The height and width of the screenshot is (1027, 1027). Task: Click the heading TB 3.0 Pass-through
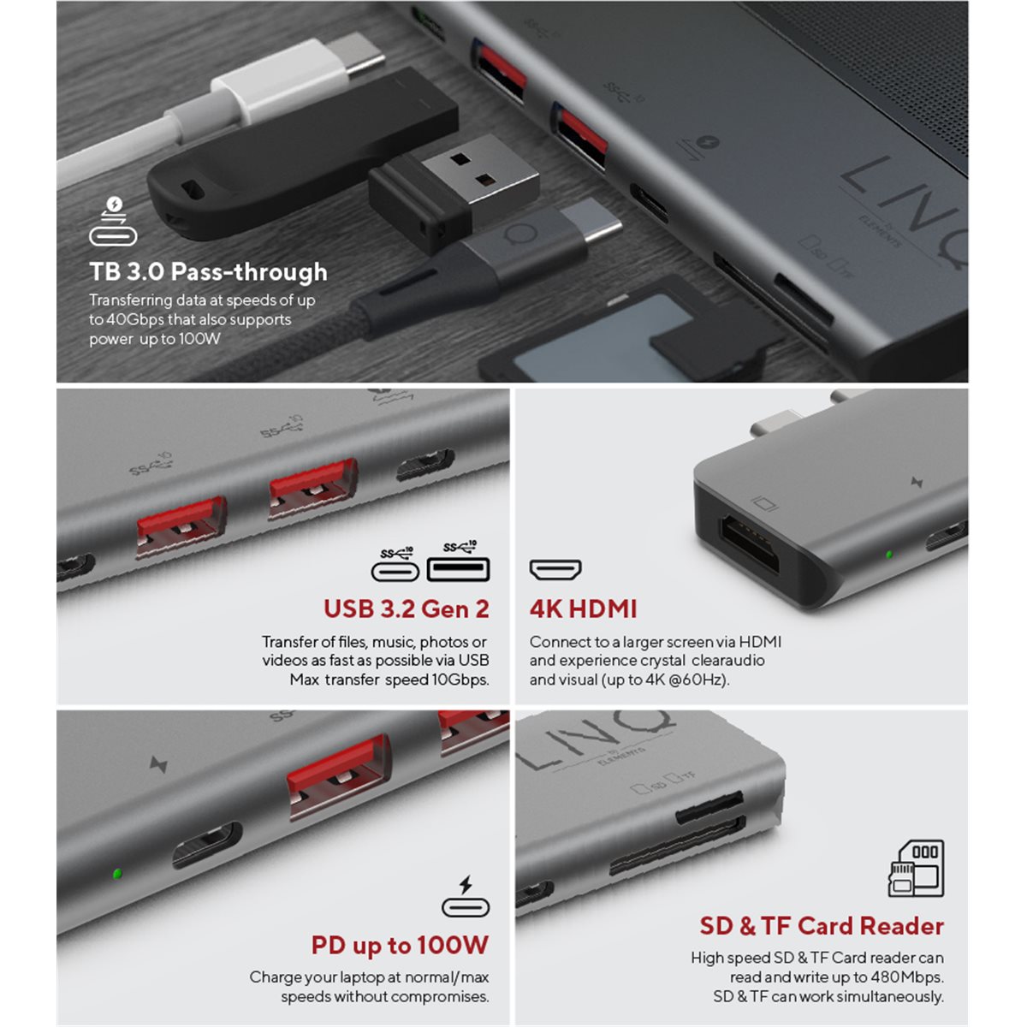(208, 272)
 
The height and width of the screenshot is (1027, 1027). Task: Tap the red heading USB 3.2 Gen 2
(407, 609)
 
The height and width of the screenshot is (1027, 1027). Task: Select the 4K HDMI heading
(583, 609)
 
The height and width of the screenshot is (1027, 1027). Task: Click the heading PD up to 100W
(400, 946)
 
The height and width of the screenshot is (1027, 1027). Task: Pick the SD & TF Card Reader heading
(822, 926)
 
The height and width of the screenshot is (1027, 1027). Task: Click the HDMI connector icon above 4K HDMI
(555, 570)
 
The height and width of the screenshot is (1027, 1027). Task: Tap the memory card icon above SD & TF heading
(916, 869)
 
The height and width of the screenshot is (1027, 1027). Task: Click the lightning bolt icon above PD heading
(466, 885)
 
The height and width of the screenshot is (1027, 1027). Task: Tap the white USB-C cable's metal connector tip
(361, 56)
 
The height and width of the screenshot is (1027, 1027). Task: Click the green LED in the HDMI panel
(888, 555)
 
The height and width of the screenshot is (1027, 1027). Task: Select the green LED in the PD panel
(117, 874)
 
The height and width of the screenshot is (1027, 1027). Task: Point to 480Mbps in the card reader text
(906, 977)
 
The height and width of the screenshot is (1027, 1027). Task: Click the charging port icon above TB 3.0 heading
(113, 221)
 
